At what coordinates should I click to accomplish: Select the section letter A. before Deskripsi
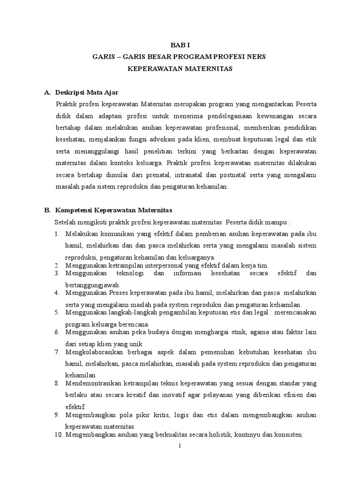coord(47,92)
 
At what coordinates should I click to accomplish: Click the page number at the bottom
coord(180,446)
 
